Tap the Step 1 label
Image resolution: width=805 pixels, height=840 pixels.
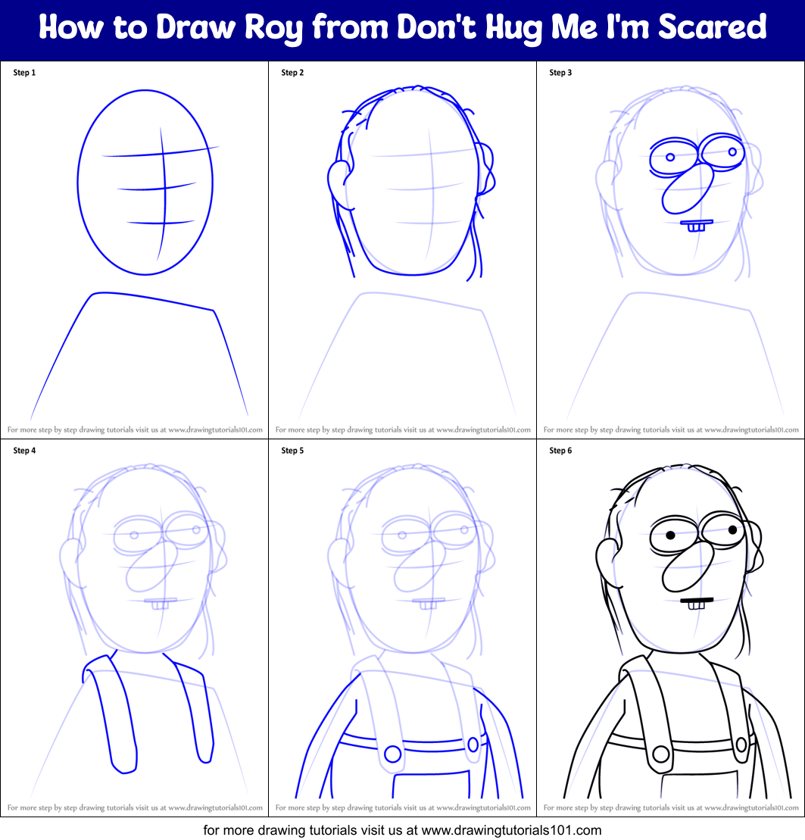point(24,73)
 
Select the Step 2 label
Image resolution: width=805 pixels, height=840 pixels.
point(292,73)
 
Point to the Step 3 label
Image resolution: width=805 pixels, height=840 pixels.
point(560,73)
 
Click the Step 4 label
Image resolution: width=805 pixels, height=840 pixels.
point(24,451)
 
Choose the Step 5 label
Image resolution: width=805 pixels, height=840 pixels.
point(292,451)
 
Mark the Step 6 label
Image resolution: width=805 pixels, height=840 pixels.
point(560,451)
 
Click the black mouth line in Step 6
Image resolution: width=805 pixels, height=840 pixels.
point(697,600)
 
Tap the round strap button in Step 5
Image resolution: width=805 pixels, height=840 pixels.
point(392,754)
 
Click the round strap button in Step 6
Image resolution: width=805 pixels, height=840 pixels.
point(660,754)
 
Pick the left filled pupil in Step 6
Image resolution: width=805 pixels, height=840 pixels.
point(671,535)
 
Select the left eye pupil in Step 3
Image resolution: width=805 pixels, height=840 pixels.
point(670,158)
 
